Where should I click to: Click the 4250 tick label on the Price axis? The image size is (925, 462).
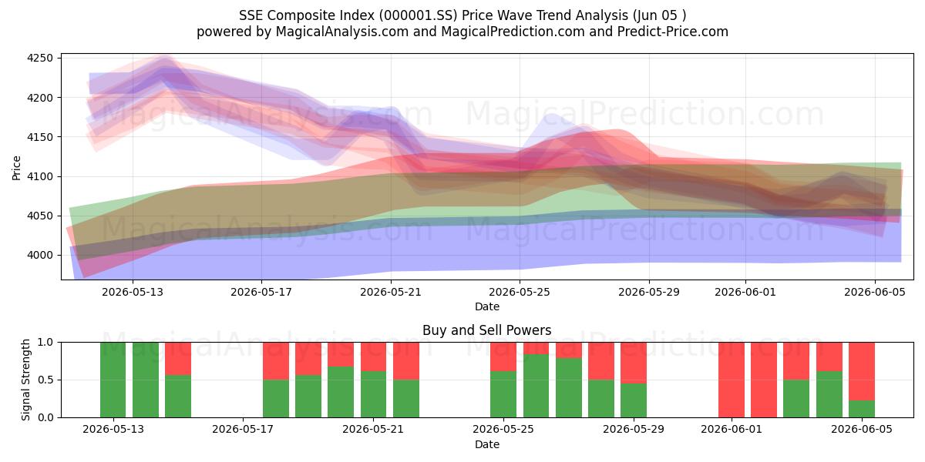(x=40, y=59)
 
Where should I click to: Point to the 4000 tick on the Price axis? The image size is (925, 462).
(x=40, y=256)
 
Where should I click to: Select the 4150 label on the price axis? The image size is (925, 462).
(x=40, y=137)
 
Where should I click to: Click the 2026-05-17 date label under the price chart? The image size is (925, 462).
(x=261, y=292)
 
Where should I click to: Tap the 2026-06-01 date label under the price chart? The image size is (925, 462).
(x=745, y=292)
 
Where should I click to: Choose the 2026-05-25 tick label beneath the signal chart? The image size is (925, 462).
(x=503, y=430)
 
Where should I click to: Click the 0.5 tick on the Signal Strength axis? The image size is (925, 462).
(x=45, y=380)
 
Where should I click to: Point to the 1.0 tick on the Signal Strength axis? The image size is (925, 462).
(x=45, y=342)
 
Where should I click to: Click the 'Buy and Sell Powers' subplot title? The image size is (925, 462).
(x=487, y=330)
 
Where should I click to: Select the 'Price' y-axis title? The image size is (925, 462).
(x=16, y=168)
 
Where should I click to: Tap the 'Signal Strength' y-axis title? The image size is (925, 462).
(x=25, y=380)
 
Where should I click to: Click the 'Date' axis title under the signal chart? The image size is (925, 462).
(x=487, y=444)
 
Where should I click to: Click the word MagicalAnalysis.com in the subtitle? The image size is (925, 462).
(x=342, y=32)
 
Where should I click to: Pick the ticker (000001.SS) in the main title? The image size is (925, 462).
(x=418, y=15)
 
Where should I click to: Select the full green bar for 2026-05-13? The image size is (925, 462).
(x=113, y=380)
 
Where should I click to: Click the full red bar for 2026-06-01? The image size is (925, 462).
(x=732, y=380)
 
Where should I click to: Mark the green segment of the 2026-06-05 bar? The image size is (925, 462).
(x=862, y=409)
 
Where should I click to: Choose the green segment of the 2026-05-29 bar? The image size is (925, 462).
(x=634, y=400)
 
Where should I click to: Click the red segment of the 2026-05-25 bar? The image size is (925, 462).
(x=503, y=357)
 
